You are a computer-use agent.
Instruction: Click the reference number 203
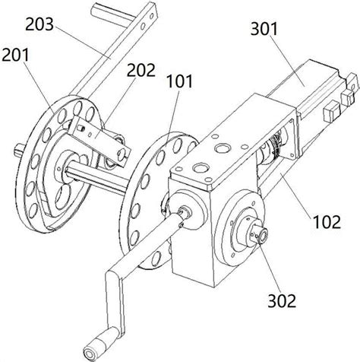coord(39,24)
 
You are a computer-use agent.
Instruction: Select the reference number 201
coord(15,55)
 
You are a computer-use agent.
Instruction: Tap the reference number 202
coord(141,70)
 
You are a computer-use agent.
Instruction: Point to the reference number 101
coord(179,81)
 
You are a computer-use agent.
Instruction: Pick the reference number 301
coord(264,29)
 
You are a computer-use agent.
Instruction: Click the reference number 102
coord(327,222)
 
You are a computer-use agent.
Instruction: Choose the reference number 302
coord(282,301)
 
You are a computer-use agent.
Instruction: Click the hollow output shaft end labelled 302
coord(261,234)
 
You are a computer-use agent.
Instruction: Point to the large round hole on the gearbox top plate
coord(223,148)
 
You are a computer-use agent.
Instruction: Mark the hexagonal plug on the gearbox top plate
coord(201,167)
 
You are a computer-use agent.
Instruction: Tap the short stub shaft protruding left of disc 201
coord(19,150)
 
